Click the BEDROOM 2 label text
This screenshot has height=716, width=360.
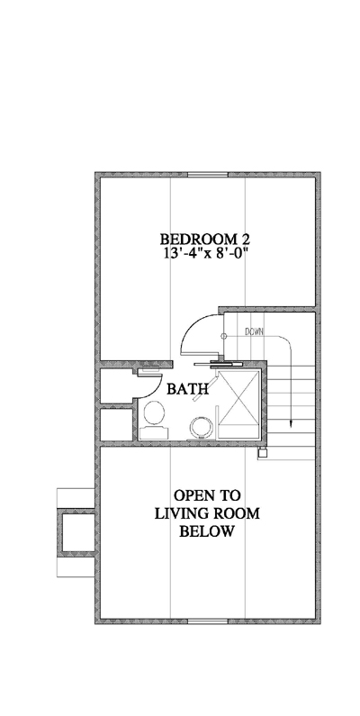point(205,239)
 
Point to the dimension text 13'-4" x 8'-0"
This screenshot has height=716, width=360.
point(205,252)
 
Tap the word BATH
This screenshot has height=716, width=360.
point(187,389)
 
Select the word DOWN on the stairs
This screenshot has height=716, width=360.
point(254,332)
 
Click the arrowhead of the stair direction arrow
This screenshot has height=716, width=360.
point(291,425)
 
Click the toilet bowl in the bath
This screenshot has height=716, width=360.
point(154,412)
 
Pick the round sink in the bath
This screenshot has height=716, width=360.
point(202,427)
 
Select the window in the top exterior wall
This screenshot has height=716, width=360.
point(208,175)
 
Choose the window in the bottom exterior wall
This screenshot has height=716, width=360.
point(208,621)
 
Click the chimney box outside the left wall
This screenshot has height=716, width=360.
point(76,532)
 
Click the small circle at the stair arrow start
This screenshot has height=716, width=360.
point(223,336)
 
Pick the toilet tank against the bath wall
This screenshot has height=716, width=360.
point(154,432)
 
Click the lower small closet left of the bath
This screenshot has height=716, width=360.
point(117,425)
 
